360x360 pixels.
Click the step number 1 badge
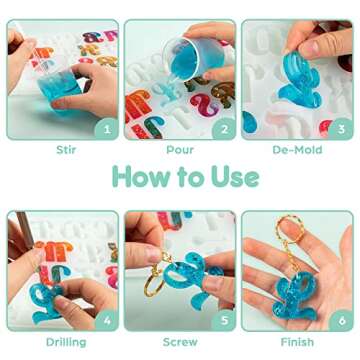pyautogui.click(x=105, y=128)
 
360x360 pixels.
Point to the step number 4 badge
pyautogui.click(x=105, y=321)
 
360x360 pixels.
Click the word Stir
pyautogui.click(x=62, y=153)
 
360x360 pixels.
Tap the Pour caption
pyautogui.click(x=180, y=153)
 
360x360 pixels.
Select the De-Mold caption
pyautogui.click(x=297, y=153)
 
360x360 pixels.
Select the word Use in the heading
pyautogui.click(x=233, y=178)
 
